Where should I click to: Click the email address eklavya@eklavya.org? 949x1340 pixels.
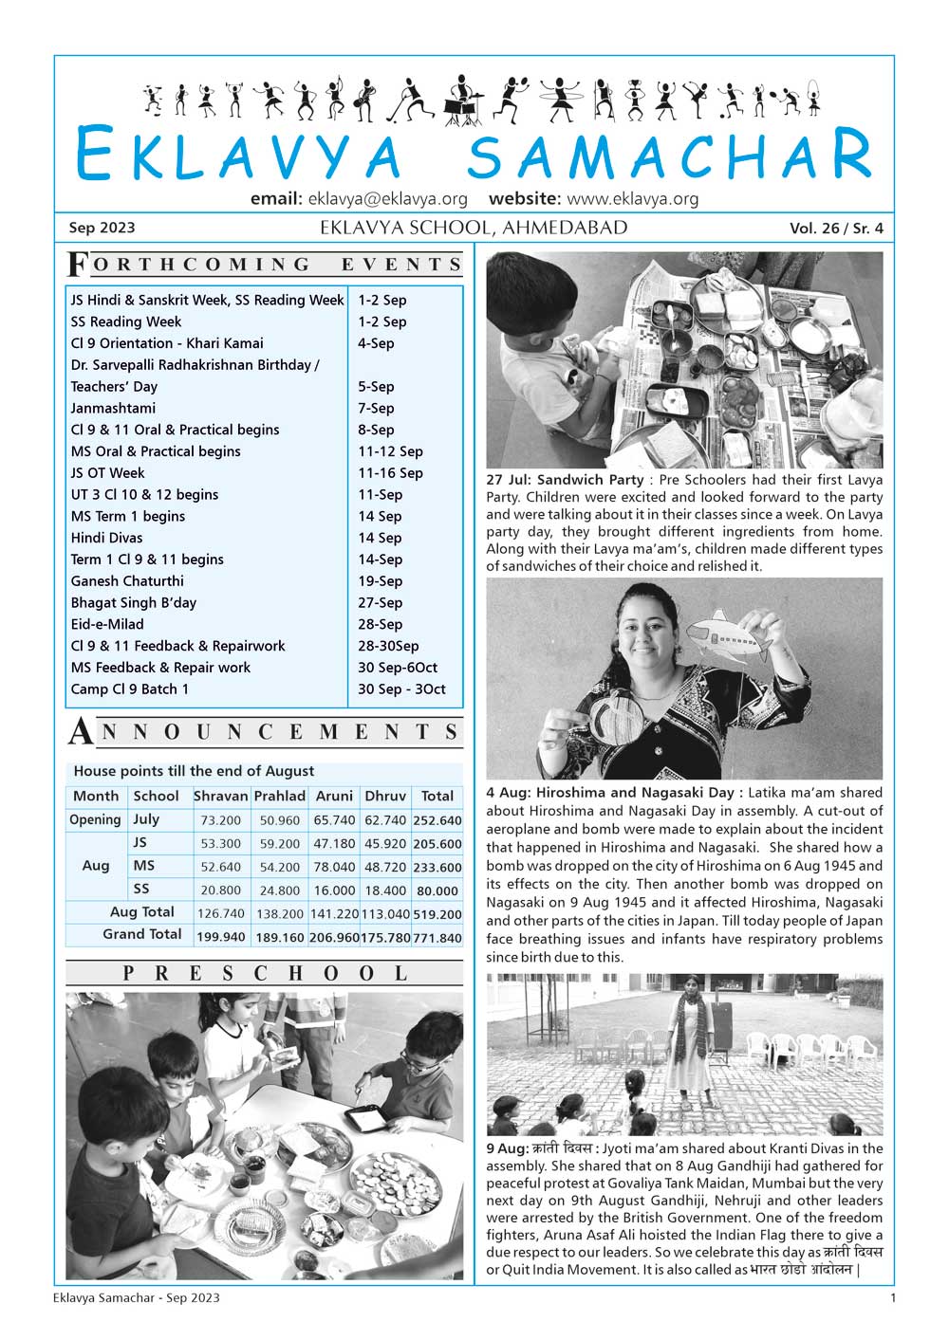tap(387, 199)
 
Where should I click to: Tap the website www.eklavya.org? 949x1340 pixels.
tap(632, 199)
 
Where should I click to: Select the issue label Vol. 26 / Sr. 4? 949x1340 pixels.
tap(835, 229)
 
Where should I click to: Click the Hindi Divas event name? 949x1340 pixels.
tap(106, 538)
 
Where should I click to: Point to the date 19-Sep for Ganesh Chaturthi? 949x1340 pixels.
tap(380, 581)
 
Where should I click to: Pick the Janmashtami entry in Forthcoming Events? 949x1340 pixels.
tap(113, 408)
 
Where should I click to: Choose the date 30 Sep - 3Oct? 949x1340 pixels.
tap(401, 689)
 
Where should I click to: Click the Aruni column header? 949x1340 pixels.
tap(334, 797)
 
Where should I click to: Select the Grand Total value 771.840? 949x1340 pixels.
tap(437, 938)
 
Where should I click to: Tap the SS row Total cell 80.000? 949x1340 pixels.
tap(437, 891)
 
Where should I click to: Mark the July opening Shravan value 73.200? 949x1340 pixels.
tap(221, 820)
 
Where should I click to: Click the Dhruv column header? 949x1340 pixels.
tap(385, 797)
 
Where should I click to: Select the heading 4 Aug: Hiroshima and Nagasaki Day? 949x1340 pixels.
tap(610, 793)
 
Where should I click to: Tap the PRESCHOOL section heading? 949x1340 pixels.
tap(265, 974)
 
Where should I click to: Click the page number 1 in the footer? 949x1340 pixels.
tap(892, 1297)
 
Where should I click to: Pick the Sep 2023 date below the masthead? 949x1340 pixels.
tap(102, 229)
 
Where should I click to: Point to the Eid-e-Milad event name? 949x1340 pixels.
tap(107, 624)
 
